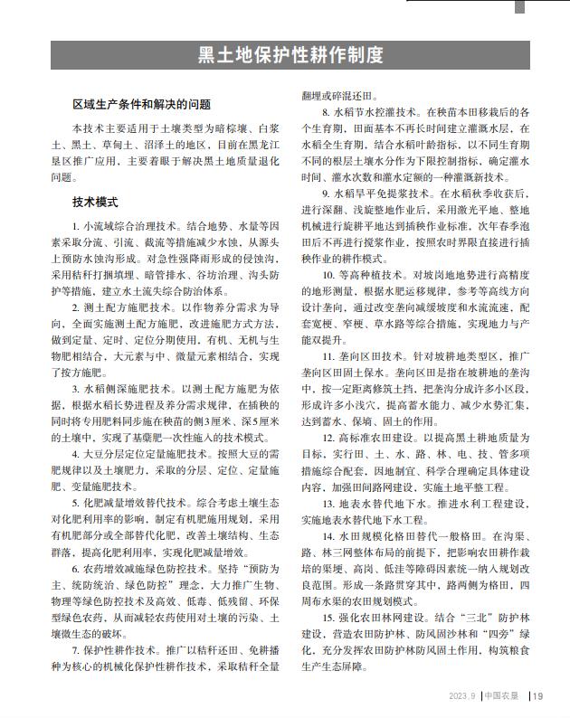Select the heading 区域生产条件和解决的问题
[142, 105]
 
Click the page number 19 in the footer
[537, 695]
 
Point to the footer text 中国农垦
[502, 695]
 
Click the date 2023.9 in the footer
[461, 695]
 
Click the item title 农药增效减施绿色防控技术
[139, 569]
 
